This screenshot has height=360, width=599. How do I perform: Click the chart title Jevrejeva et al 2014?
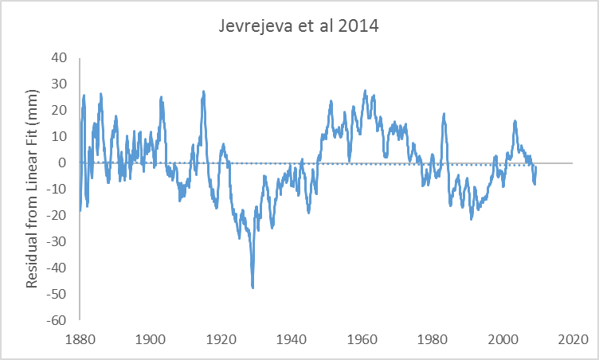tap(299, 25)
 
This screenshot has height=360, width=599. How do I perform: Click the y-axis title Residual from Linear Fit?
tap(32, 188)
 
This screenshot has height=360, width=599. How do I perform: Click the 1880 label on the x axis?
tap(80, 338)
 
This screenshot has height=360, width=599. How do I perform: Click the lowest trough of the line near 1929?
tap(253, 287)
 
